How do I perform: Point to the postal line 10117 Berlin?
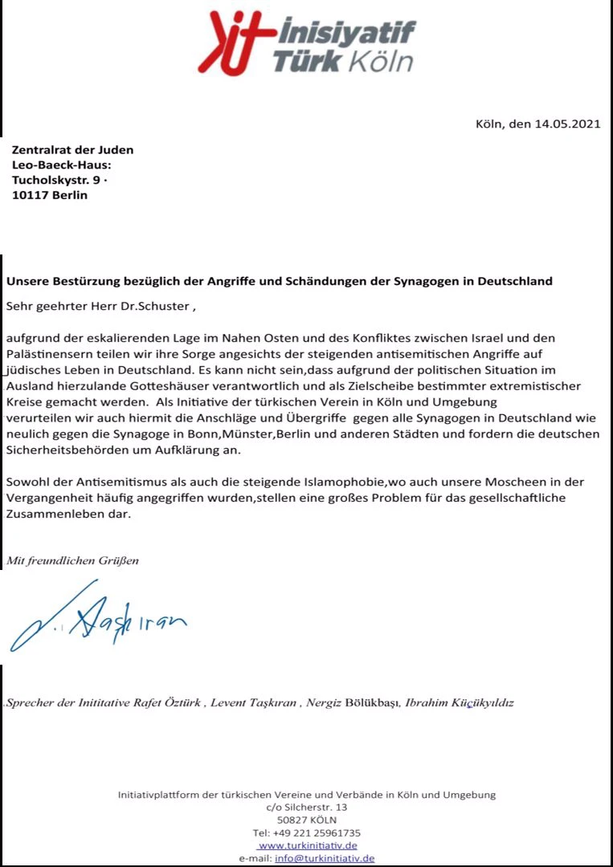coord(50,195)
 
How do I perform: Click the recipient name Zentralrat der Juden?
coord(72,149)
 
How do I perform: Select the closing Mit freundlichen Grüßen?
coord(72,560)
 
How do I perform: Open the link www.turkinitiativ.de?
coord(308,845)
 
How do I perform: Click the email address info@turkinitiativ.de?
coord(325,858)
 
